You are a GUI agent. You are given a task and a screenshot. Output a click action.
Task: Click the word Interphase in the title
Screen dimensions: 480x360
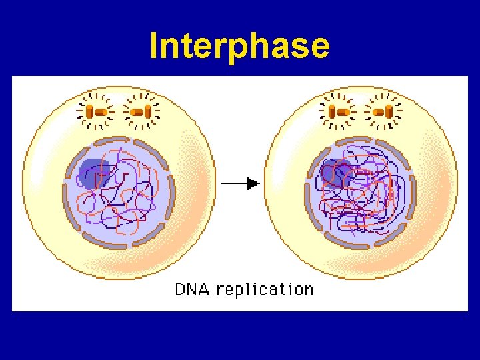239,46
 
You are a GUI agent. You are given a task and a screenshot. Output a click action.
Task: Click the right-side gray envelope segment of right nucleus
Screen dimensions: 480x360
411,197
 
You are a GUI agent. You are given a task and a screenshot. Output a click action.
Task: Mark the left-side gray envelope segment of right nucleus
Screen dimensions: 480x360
308,193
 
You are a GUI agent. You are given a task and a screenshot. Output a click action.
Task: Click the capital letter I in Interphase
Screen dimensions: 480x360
155,46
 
